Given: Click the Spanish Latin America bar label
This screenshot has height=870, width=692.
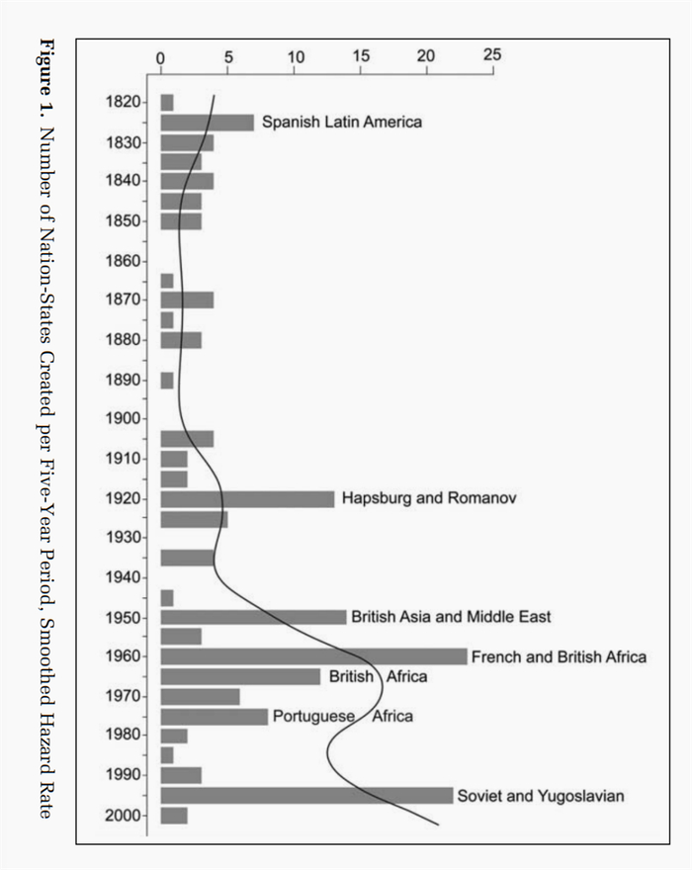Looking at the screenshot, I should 342,123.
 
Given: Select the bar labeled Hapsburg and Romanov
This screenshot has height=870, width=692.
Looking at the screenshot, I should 247,499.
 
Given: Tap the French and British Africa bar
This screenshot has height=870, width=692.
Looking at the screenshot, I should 313,656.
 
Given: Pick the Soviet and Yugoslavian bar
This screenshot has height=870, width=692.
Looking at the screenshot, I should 306,796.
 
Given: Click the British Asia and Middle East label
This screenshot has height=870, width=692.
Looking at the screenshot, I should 451,617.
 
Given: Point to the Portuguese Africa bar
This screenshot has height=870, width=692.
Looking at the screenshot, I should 214,717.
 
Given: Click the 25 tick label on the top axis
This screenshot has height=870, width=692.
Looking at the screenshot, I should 491,54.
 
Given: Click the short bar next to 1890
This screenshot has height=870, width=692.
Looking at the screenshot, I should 167,381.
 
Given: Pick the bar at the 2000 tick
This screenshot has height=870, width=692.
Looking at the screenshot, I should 174,816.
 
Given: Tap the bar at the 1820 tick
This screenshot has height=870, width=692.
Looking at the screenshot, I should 167,103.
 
